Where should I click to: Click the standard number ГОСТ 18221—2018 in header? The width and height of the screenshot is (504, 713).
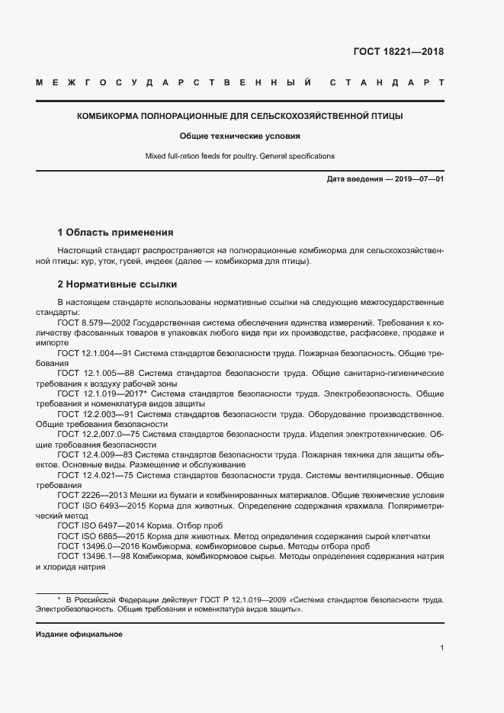coord(398,53)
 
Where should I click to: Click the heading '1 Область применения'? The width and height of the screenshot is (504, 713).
coord(116,232)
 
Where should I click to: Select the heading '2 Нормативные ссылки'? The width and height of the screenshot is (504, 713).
coord(117,284)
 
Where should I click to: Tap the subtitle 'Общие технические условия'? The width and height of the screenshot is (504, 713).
coord(240,136)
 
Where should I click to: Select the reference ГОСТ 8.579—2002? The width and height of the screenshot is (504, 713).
coord(95,324)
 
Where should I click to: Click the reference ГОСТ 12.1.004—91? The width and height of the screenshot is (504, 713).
coord(96,354)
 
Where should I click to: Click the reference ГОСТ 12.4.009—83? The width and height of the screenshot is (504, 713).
coord(95,454)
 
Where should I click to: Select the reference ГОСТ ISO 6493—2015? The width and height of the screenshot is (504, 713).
coord(102,506)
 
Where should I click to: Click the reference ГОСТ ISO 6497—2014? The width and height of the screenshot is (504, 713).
coord(102,525)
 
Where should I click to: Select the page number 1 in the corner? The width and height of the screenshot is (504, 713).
coord(442,648)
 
